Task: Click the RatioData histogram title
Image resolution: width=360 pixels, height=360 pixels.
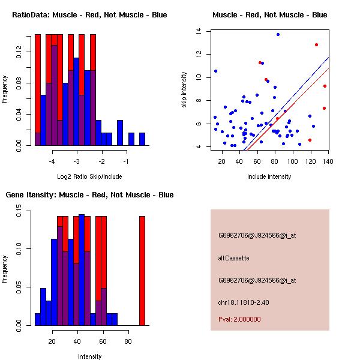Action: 89,14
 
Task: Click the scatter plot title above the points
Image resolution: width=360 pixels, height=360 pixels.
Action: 269,14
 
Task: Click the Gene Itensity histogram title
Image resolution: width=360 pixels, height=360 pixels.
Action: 89,195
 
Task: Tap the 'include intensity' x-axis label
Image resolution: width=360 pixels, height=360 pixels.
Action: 269,176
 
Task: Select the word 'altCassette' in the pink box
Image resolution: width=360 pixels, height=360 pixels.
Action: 233,258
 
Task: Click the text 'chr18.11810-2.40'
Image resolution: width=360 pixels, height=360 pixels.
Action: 243,302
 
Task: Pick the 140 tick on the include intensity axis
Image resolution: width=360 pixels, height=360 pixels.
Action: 328,161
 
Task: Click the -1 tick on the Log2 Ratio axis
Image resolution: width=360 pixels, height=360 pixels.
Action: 127,161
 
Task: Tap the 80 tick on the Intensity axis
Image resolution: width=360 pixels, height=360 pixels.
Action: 128,341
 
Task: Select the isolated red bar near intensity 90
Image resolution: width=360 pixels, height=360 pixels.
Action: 142,270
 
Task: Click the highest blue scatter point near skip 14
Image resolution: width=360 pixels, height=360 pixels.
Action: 278,34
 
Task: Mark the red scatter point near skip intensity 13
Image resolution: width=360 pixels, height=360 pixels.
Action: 316,44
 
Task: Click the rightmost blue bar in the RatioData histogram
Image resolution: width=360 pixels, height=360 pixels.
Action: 142,139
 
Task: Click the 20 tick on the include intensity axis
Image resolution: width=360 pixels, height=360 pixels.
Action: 222,161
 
